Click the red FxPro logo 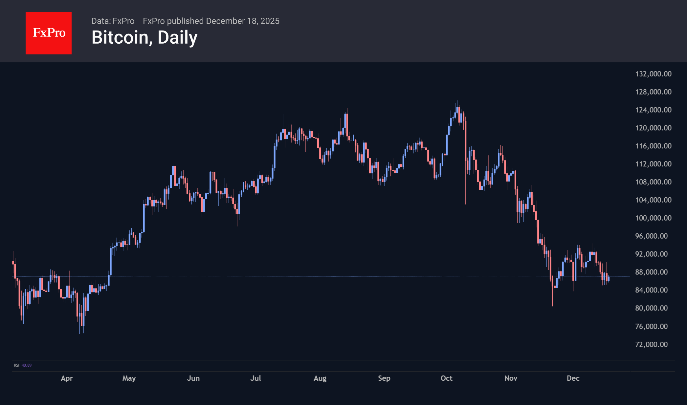(x=49, y=33)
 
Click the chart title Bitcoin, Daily (x=144, y=37)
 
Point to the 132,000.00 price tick (x=653, y=74)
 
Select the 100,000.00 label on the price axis (x=653, y=218)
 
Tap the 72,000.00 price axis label (x=651, y=344)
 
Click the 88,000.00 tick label (x=651, y=272)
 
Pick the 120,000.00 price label (x=653, y=128)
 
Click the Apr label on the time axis (x=67, y=378)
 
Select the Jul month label (x=255, y=378)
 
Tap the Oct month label (x=446, y=378)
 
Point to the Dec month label (x=573, y=378)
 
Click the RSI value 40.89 (x=27, y=365)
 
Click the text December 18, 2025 (x=243, y=21)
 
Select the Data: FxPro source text (x=113, y=21)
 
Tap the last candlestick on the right (x=609, y=279)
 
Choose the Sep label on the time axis (x=384, y=378)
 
